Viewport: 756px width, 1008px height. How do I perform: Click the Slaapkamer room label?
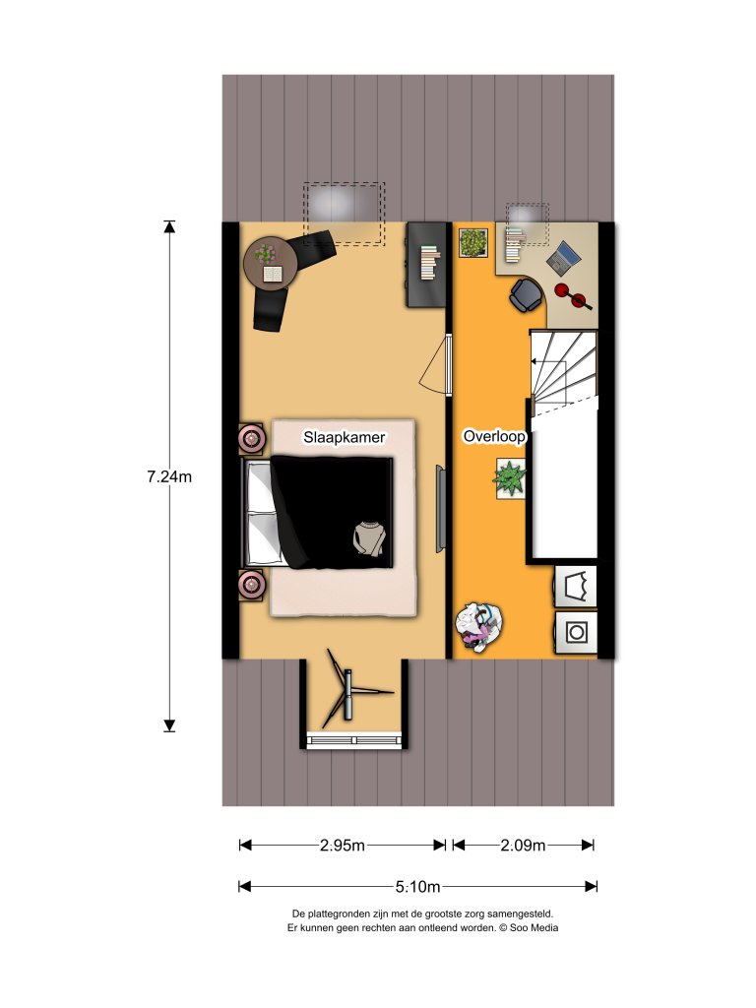coord(343,436)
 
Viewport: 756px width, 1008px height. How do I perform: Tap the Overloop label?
coord(494,435)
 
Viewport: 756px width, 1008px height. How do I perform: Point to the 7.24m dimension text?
coord(168,476)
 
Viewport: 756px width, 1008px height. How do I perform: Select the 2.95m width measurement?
coord(343,845)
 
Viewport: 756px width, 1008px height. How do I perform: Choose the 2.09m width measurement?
coord(523,845)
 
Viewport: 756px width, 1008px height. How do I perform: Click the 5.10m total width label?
coord(417,886)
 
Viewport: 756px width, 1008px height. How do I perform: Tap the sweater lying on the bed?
coord(369,538)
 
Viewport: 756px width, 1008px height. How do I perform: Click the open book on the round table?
coord(271,273)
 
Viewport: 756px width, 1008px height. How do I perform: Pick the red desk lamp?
coord(568,291)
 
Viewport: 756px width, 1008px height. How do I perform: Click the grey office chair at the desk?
coord(525,292)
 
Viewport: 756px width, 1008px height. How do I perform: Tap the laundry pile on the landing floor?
coord(479,627)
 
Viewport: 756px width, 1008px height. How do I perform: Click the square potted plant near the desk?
coord(473,242)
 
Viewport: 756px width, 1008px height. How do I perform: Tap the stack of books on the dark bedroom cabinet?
coord(429,263)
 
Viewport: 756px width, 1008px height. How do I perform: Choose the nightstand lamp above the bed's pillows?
coord(252,437)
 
